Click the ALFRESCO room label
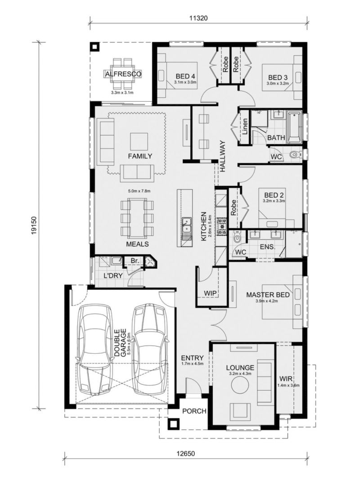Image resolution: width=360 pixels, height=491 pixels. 123,74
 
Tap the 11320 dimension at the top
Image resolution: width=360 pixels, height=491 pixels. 198,18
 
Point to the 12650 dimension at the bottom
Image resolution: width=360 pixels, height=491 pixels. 186,454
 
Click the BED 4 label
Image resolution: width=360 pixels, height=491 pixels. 185,76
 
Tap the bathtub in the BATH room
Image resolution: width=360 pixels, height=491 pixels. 294,126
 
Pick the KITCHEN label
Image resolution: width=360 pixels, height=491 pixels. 203,226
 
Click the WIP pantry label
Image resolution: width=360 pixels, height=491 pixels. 210,293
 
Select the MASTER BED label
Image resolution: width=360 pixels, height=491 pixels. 268,295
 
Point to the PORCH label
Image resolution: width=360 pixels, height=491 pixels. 194,411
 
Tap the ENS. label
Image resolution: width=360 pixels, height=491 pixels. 267,247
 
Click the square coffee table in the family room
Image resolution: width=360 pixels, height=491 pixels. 139,142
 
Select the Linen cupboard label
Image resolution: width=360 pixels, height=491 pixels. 245,126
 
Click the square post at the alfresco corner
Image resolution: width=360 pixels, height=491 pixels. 94,47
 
